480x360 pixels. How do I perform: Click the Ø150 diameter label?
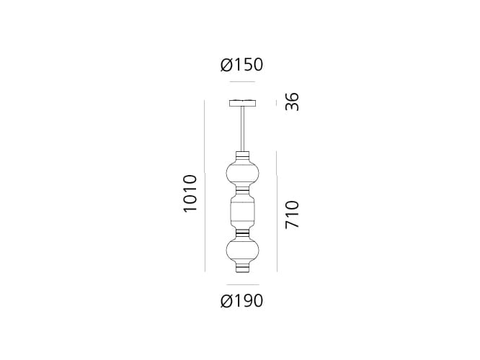point(241,65)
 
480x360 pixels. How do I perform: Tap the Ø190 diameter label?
point(241,300)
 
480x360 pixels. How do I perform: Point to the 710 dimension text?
point(291,215)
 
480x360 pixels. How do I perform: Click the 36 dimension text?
point(291,102)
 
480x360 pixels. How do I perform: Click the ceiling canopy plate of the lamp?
point(241,102)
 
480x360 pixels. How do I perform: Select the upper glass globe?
point(241,174)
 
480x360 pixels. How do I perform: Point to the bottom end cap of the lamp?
point(241,269)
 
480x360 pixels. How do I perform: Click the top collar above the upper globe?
point(241,155)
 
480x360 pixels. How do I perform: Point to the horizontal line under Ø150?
point(241,82)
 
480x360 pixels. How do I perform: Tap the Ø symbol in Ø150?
point(226,65)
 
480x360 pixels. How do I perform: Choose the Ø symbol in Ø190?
point(226,300)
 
